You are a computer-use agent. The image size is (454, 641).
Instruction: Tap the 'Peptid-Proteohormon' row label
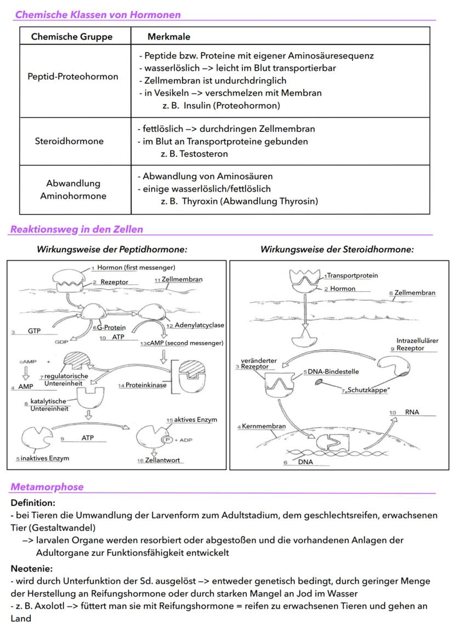[73, 76]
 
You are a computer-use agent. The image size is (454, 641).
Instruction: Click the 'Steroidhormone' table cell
[69, 141]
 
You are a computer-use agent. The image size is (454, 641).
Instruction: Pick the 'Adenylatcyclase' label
[199, 325]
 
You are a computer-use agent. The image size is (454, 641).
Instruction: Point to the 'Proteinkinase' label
[146, 385]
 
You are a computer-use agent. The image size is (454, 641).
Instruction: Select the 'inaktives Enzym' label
[46, 458]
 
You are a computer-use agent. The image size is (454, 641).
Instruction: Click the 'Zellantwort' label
[162, 460]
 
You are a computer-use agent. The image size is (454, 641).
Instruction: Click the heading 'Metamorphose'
[47, 487]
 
